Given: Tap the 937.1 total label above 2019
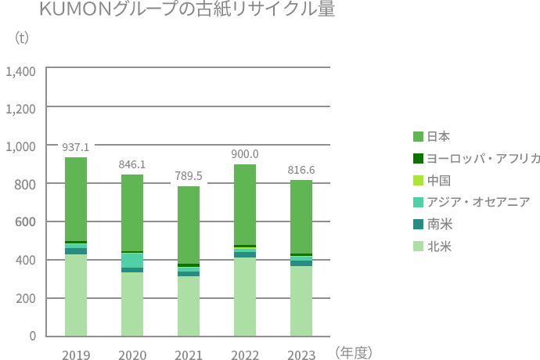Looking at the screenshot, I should click(76, 146).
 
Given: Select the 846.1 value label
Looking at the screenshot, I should click(132, 164).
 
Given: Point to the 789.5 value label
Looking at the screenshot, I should click(189, 175).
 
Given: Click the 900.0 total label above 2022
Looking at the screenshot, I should click(245, 154).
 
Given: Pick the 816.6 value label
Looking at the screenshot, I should click(301, 170).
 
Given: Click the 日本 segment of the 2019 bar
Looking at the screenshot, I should click(76, 199).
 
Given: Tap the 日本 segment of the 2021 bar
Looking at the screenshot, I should click(189, 225).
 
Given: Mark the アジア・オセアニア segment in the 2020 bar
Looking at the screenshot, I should click(132, 260).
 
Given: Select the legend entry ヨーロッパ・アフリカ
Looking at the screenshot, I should click(477, 158).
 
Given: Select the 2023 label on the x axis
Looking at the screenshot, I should click(301, 355).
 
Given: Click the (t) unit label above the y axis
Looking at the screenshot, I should click(22, 37).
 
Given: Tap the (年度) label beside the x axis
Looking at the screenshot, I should click(353, 353).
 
